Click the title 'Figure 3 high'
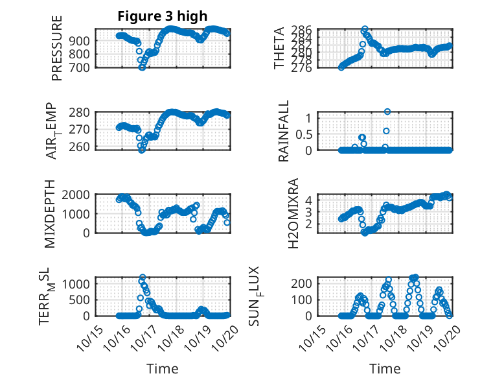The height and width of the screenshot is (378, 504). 163,17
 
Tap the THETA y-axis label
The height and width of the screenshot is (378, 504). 279,48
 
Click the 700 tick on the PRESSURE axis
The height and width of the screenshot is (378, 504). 84,67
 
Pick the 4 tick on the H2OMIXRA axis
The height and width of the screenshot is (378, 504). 309,200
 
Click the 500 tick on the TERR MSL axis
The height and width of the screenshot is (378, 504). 84,300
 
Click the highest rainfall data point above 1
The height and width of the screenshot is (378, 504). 387,112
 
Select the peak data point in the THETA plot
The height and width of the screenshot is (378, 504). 365,30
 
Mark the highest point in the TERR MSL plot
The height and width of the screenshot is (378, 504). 142,278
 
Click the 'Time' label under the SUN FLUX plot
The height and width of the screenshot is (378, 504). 385,369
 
